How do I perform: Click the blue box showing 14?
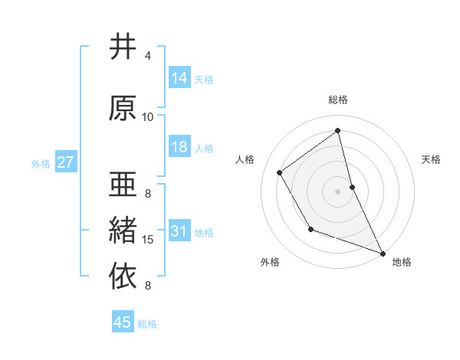[x=179, y=77]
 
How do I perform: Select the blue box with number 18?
[x=179, y=147]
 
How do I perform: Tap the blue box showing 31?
[x=179, y=231]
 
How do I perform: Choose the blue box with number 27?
[x=65, y=162]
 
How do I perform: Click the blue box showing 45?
[x=123, y=322]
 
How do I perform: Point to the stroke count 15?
[x=148, y=240]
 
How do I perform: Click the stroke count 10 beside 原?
[x=148, y=117]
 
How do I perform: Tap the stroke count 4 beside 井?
[x=148, y=56]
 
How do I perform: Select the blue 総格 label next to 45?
[x=147, y=324]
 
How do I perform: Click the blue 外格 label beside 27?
[x=41, y=163]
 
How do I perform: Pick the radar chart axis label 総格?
[x=338, y=100]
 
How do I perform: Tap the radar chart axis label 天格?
[x=432, y=159]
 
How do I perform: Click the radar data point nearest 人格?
[x=280, y=172]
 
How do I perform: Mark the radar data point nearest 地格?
[x=383, y=254]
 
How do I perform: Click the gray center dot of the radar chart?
[x=338, y=191]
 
